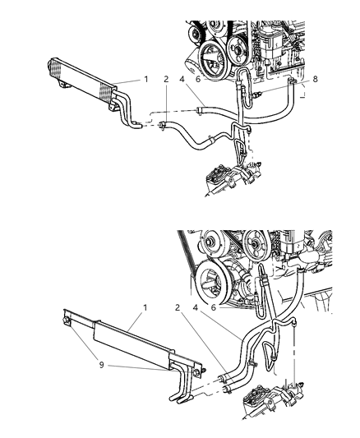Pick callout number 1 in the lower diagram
(x=144, y=307)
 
